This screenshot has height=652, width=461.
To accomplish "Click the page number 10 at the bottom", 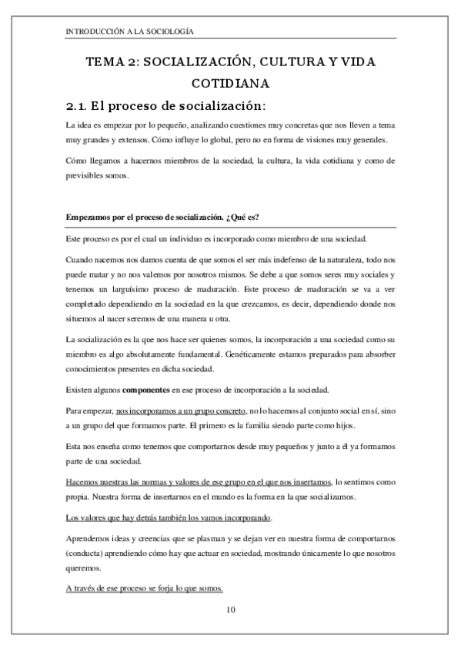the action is point(230,610).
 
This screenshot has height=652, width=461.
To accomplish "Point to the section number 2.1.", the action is point(81,105).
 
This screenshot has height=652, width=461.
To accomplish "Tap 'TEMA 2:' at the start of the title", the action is point(112,61).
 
